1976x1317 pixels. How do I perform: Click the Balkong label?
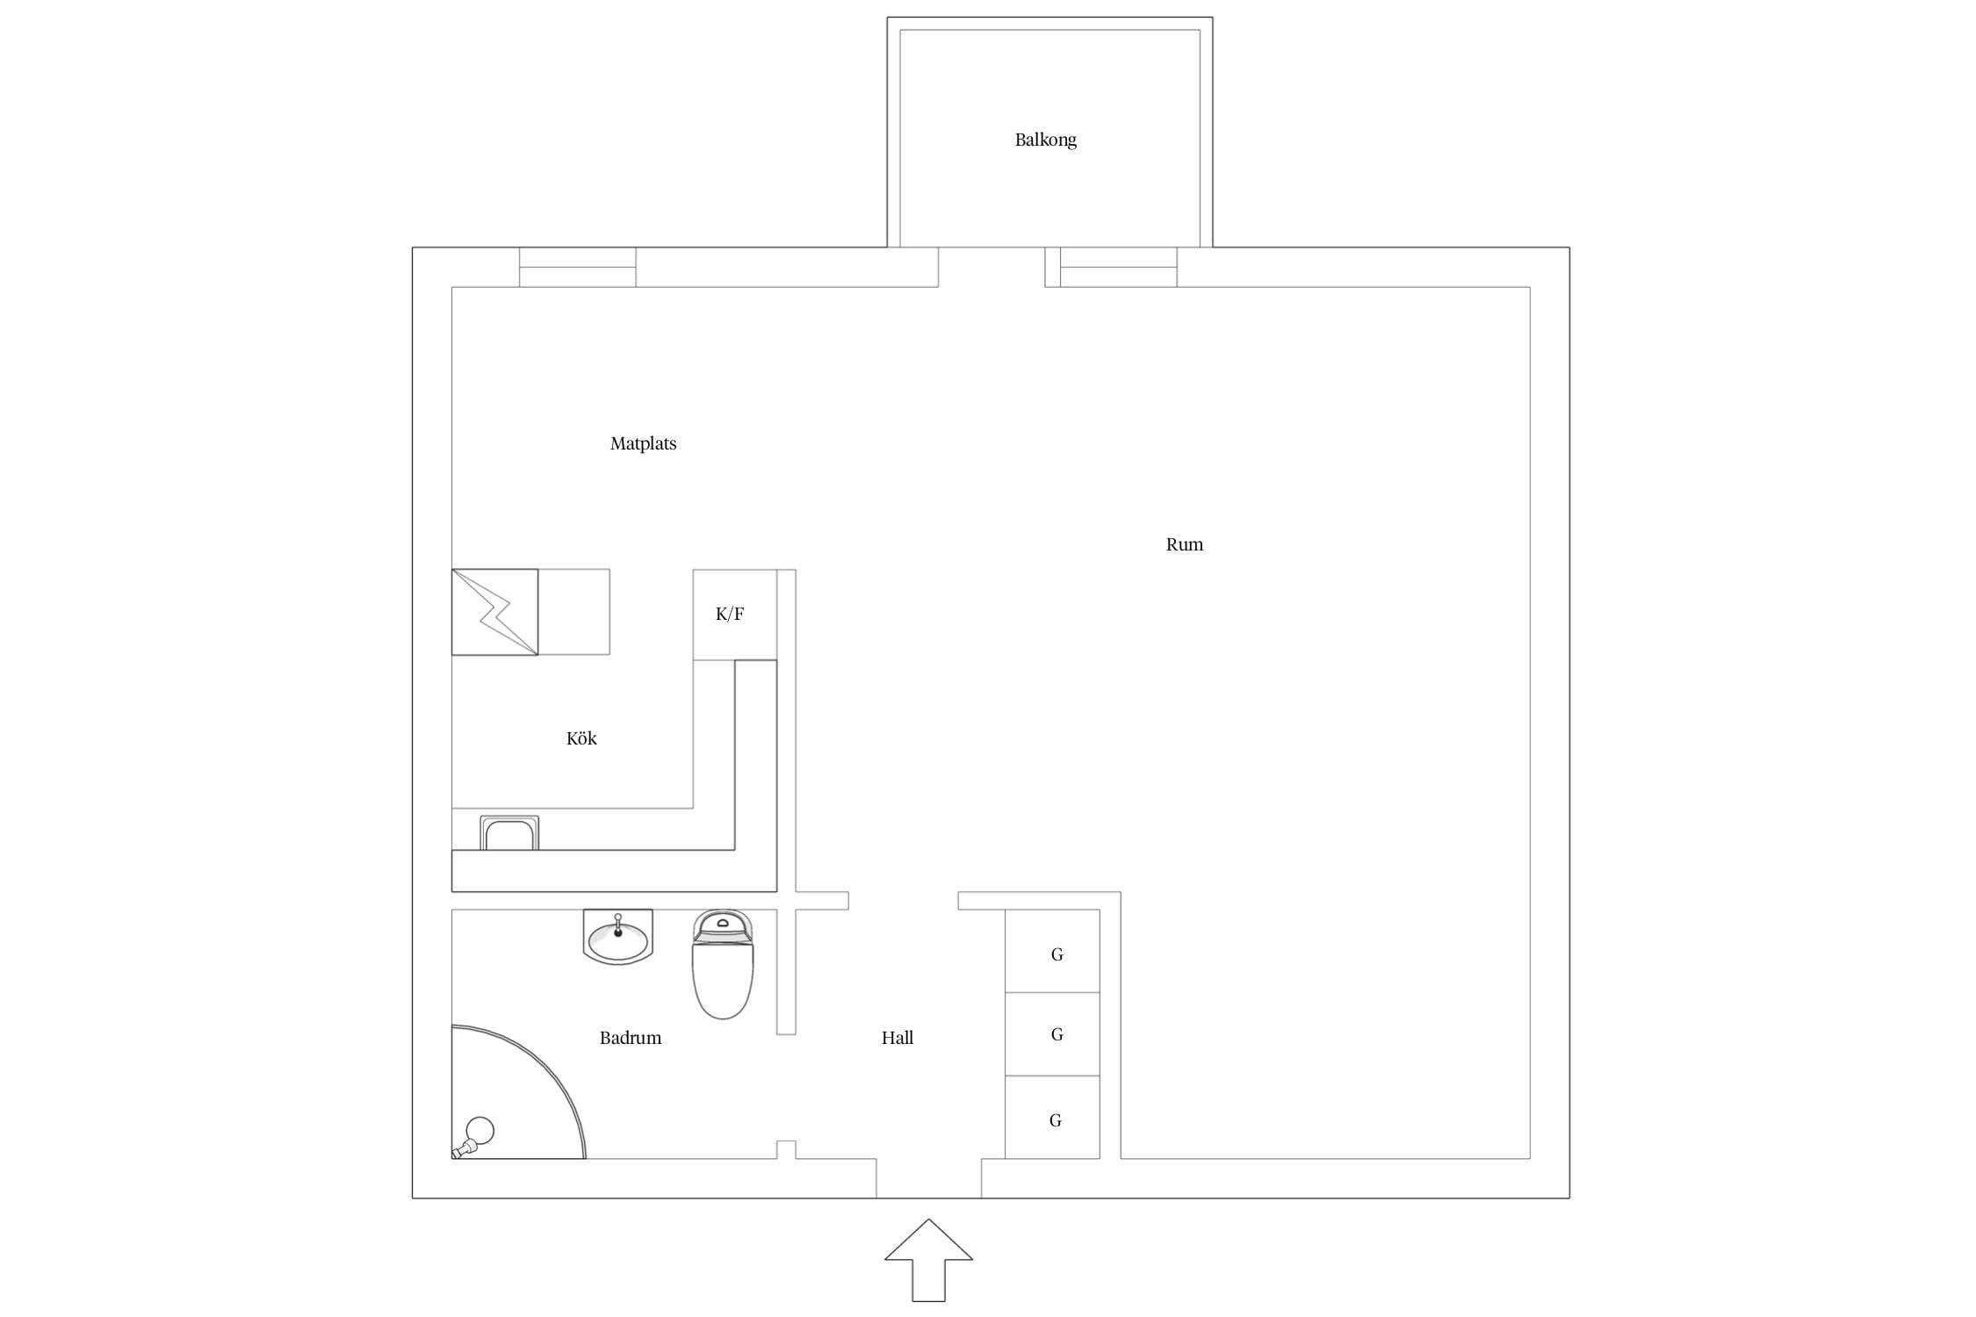pyautogui.click(x=1045, y=140)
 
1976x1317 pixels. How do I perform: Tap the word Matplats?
pyautogui.click(x=643, y=444)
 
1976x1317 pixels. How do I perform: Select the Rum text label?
pyautogui.click(x=1184, y=544)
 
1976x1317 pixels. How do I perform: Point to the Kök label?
pyautogui.click(x=581, y=738)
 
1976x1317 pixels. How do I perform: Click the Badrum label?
pyautogui.click(x=631, y=1038)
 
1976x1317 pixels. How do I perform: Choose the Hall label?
pyautogui.click(x=898, y=1038)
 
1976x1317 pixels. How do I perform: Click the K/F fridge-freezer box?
pyautogui.click(x=734, y=615)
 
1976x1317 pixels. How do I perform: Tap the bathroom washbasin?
pyautogui.click(x=618, y=937)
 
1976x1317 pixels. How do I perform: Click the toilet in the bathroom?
pyautogui.click(x=723, y=964)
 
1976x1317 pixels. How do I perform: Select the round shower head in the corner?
pyautogui.click(x=480, y=1131)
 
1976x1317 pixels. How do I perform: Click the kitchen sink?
pyautogui.click(x=509, y=833)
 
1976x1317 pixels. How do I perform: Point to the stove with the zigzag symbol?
pyautogui.click(x=495, y=612)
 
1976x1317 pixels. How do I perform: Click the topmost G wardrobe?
pyautogui.click(x=1052, y=951)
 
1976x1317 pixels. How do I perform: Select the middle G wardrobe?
pyautogui.click(x=1052, y=1034)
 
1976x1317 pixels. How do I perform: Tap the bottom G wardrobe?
pyautogui.click(x=1052, y=1117)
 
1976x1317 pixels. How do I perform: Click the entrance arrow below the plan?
pyautogui.click(x=928, y=1260)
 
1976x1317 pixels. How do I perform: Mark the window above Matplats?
pyautogui.click(x=578, y=267)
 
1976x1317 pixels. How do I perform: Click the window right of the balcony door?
pyautogui.click(x=1119, y=267)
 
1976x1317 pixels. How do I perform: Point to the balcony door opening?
pyautogui.click(x=992, y=267)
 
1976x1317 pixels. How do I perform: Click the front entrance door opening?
pyautogui.click(x=928, y=1178)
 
